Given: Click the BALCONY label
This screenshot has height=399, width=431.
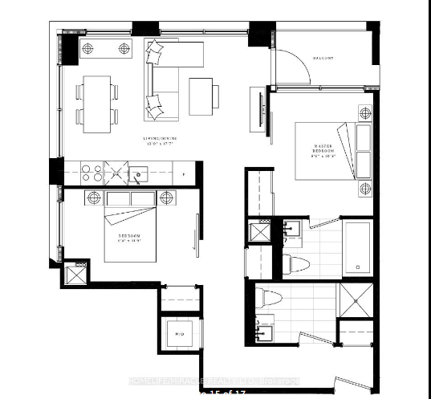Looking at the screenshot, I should [323, 58].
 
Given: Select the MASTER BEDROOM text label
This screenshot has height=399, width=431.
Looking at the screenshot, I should [324, 150].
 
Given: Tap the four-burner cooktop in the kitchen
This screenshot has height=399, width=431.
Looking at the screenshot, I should [91, 172].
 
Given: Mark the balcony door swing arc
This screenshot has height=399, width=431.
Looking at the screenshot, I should [291, 65].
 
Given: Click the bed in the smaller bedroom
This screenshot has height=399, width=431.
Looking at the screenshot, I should [132, 232].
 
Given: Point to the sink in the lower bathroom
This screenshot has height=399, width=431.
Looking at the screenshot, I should [266, 330].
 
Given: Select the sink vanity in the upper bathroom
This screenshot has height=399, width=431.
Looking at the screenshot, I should [294, 232].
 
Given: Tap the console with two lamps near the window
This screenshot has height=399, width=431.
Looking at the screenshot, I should [106, 48].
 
